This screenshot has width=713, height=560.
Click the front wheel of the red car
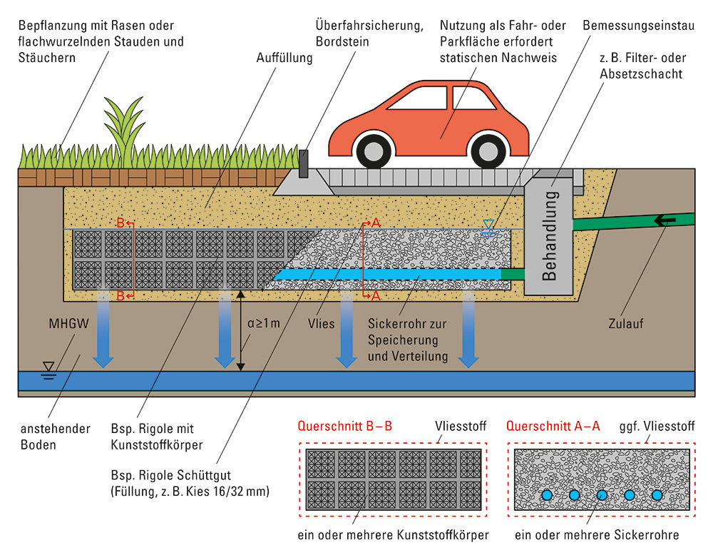(374, 151)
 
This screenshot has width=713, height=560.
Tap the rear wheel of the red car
(488, 151)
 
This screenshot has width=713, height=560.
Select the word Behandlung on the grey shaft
(549, 235)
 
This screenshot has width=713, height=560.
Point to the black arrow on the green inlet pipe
(665, 220)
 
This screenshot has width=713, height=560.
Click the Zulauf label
(626, 323)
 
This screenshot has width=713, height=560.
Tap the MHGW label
(68, 323)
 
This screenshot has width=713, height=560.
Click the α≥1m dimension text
(263, 323)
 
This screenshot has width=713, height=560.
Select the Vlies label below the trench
(321, 323)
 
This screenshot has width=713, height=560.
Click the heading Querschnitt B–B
(344, 426)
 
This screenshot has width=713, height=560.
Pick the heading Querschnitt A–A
(553, 426)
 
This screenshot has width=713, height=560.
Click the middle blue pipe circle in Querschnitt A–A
(602, 495)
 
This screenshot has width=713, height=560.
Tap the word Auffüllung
(284, 58)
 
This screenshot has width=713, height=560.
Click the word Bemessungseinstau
(638, 26)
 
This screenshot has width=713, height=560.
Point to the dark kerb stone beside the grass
(303, 164)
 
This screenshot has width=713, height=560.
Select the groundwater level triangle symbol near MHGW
(48, 367)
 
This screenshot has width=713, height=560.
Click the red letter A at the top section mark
(376, 223)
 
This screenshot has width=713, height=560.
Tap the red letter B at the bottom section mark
(120, 296)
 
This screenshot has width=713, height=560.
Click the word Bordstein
(342, 41)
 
